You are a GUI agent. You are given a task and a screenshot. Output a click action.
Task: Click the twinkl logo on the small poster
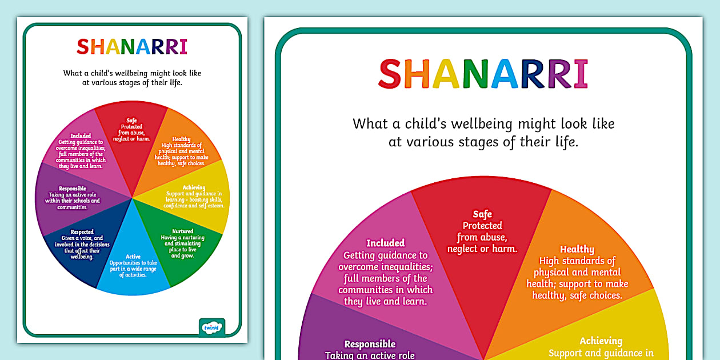(211, 327)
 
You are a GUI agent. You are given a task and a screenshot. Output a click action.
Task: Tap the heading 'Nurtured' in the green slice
(183, 231)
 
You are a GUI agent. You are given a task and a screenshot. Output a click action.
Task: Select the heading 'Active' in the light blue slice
(133, 257)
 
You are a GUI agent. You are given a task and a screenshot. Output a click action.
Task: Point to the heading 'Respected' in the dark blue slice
(82, 232)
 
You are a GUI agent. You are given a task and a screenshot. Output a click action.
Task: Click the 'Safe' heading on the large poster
(482, 214)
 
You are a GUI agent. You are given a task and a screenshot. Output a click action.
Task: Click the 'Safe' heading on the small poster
(131, 120)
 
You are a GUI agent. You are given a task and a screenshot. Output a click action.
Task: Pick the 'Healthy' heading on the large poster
(577, 249)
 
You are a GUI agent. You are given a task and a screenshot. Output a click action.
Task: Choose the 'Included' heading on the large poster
(385, 243)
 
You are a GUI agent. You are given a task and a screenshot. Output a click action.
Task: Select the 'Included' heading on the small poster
(80, 136)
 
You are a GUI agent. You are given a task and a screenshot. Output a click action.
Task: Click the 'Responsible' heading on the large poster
(370, 344)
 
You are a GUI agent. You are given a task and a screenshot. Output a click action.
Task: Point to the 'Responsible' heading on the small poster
(72, 189)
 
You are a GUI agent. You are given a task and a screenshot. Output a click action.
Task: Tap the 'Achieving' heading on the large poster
(601, 341)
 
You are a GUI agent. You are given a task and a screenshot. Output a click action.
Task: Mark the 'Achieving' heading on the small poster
(194, 187)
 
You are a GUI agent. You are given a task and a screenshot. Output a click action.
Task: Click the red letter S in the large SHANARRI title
(391, 74)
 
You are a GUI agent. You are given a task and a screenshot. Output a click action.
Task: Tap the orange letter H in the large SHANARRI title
(419, 74)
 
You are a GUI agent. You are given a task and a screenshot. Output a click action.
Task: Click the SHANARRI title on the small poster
(132, 47)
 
